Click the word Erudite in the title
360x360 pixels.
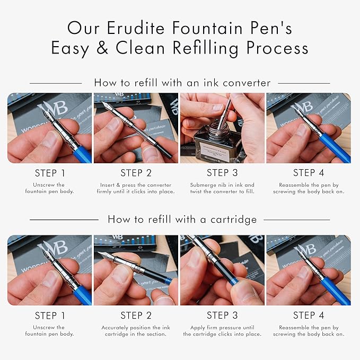click(136, 28)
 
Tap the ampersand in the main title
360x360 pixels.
click(102, 48)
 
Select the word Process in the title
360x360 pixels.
click(277, 48)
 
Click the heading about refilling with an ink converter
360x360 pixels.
click(182, 83)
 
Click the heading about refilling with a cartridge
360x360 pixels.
click(182, 219)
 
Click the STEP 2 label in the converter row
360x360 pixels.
click(136, 173)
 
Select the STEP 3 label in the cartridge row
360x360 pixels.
click(222, 315)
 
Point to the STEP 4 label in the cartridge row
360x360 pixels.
click(309, 315)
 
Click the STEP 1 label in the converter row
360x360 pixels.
click(50, 173)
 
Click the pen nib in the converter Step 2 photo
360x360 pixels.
click(107, 106)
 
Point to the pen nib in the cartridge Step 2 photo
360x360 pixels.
click(106, 256)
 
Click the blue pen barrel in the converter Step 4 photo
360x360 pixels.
click(335, 148)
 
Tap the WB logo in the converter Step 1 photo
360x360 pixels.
click(53, 108)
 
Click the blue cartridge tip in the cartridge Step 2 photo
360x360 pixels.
click(169, 280)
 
